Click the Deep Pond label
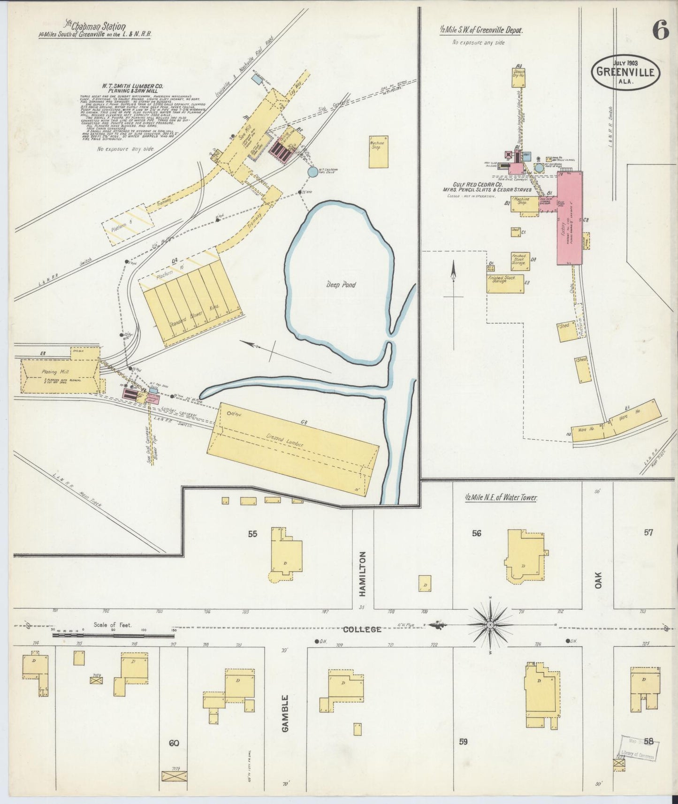[341, 285]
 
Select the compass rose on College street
[490, 625]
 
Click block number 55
[253, 533]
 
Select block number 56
[477, 533]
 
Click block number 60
[174, 743]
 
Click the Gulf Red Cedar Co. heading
[486, 184]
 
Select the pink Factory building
[569, 218]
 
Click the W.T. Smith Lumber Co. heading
[133, 88]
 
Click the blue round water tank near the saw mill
[312, 172]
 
